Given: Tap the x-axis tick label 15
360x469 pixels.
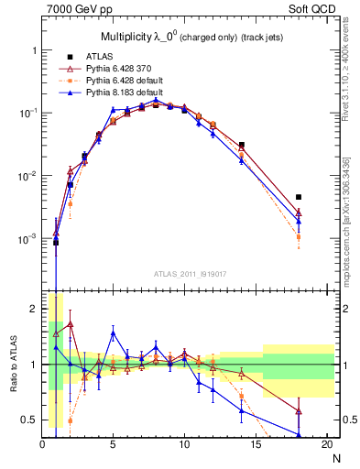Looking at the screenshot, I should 256,444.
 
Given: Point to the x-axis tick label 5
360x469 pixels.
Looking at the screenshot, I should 113,444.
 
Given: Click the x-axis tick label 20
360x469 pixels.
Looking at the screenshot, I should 326,444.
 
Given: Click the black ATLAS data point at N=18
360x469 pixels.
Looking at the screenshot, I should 298,197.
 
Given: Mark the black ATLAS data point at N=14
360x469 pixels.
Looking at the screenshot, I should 241,145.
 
